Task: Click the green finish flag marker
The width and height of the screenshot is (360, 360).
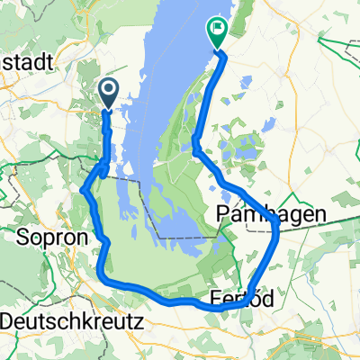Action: click(x=218, y=33)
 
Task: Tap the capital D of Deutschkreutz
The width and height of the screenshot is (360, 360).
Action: click(x=8, y=319)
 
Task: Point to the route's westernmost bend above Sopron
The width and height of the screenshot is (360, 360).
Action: click(x=83, y=190)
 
